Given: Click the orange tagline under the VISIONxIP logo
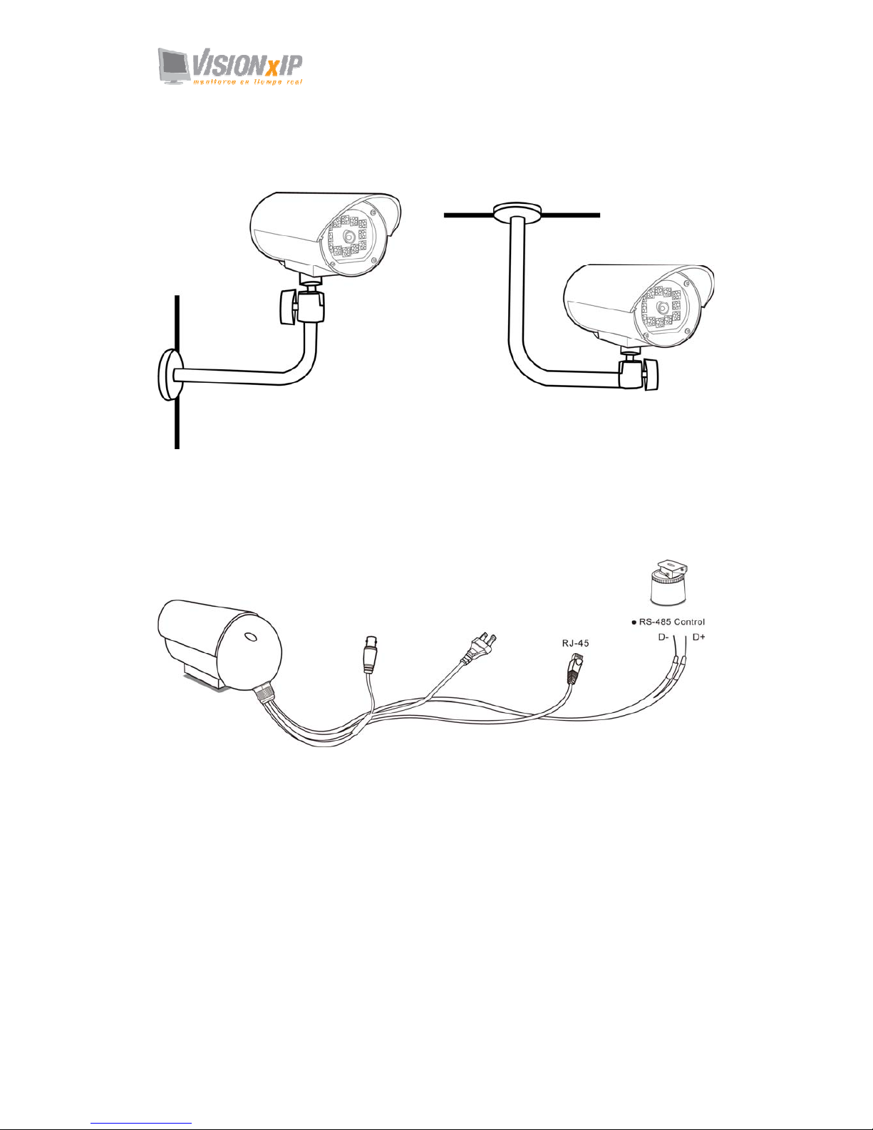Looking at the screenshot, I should (x=247, y=81).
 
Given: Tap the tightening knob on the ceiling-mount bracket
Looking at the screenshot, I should (x=649, y=375).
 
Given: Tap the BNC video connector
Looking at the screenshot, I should (x=369, y=655).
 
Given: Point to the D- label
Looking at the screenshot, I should (x=663, y=637).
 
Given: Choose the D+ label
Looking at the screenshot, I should (x=698, y=637).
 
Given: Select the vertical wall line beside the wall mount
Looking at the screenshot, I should (x=176, y=421).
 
